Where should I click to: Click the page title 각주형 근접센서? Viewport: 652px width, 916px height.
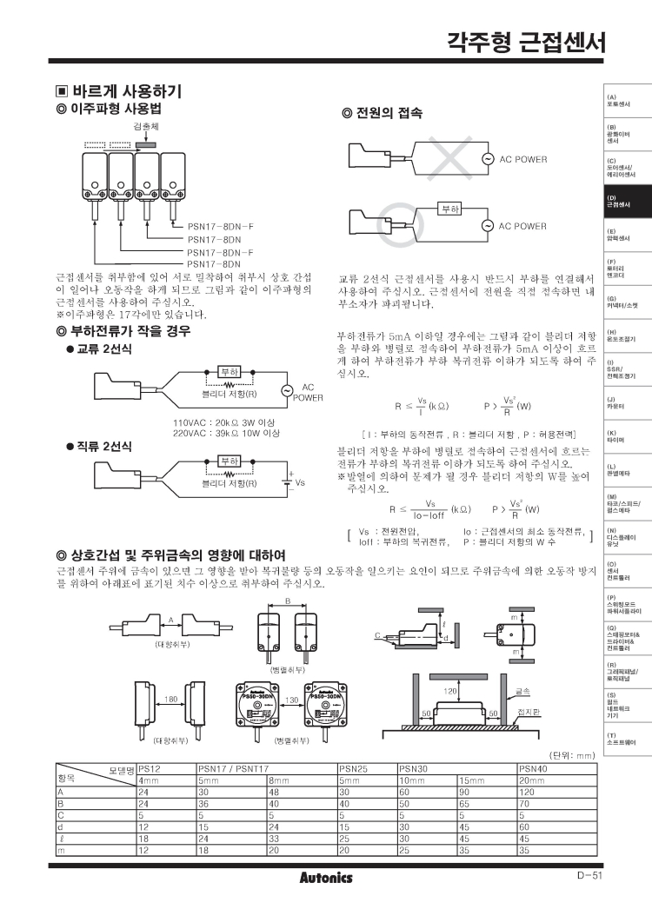tap(525, 41)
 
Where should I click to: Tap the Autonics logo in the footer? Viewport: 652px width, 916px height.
tap(326, 878)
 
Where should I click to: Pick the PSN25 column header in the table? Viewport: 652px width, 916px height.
tap(351, 768)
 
